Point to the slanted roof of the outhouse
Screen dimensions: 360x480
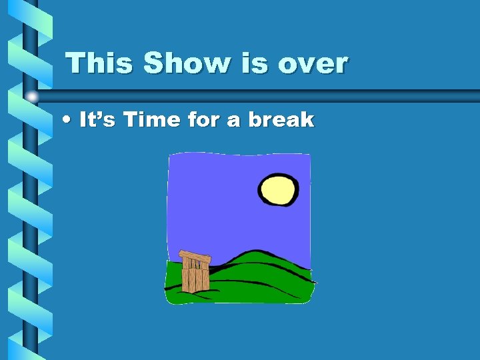195,256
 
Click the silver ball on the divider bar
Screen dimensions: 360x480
31,97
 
